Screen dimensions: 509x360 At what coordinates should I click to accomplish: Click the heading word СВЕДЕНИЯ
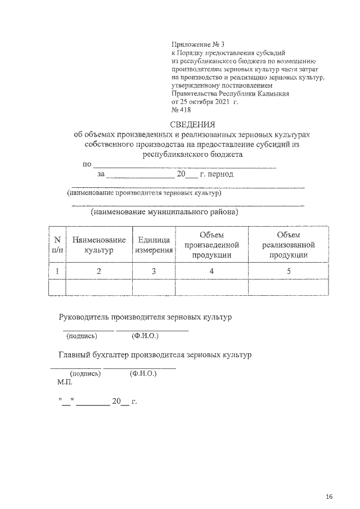point(192,124)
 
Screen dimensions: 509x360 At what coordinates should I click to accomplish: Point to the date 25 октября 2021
point(201,102)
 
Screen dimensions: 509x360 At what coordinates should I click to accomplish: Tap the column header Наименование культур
point(98,244)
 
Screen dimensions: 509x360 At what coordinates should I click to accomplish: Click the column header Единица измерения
point(153,244)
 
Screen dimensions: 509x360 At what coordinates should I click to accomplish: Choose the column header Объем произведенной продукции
point(211,244)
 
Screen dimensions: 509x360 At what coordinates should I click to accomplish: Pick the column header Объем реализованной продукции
point(288,244)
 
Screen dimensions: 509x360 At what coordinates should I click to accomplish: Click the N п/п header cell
point(57,244)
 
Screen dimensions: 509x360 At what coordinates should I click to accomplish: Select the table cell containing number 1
point(57,271)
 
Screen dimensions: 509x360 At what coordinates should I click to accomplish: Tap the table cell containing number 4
point(211,271)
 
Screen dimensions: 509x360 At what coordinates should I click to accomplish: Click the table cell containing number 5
point(288,271)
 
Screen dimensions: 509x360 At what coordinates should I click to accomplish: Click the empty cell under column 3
point(153,287)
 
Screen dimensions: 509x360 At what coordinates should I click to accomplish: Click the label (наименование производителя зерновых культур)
point(144,192)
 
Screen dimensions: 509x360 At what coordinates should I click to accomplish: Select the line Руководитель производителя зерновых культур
point(145,317)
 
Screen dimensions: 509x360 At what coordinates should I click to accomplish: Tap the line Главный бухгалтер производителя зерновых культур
point(155,355)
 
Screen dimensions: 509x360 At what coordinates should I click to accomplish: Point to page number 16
point(329,496)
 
